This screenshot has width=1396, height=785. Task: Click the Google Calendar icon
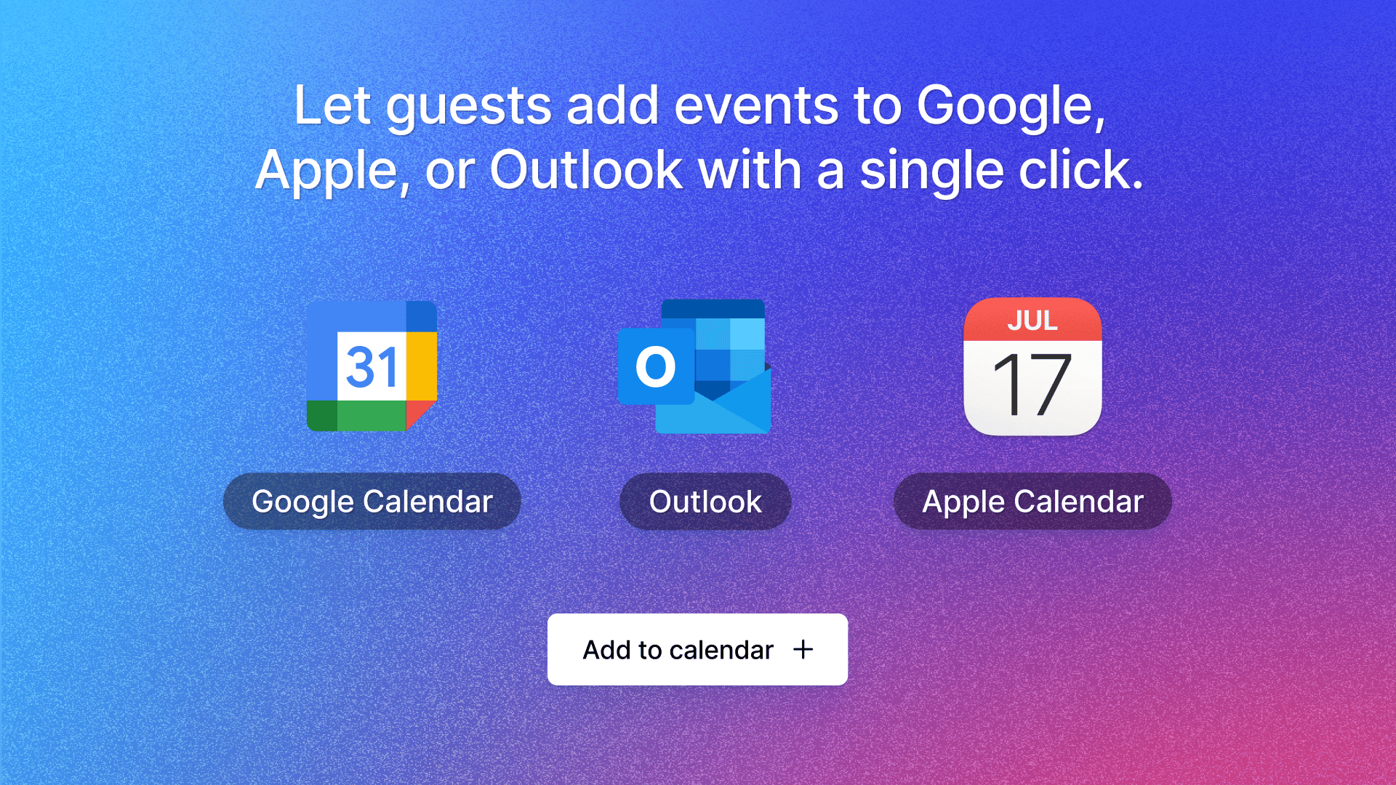372,366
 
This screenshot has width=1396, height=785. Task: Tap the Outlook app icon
694,366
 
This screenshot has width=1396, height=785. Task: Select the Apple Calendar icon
1032,366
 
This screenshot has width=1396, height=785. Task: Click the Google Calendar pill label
372,502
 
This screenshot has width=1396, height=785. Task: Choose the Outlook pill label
705,502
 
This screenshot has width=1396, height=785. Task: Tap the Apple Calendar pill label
1032,502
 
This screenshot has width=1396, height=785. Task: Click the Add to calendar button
697,649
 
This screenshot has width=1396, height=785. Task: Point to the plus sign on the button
803,649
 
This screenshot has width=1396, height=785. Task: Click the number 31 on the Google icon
372,367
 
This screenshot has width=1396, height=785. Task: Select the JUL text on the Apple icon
1032,321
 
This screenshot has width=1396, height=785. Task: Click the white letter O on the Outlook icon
656,366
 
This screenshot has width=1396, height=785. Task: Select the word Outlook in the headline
586,170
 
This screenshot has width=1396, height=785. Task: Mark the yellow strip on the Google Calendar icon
422,366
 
